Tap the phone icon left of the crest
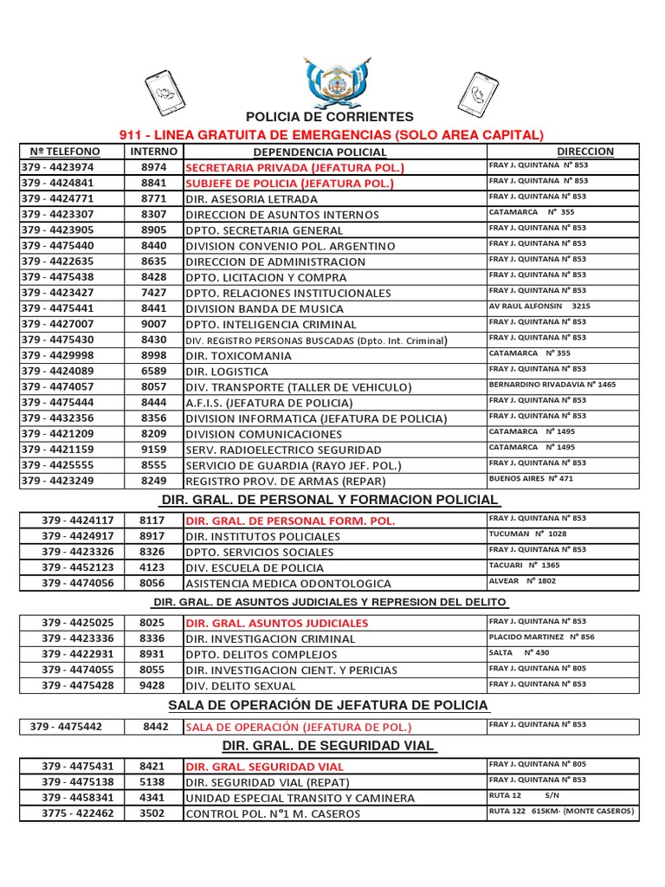tap(165, 90)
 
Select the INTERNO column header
tap(154, 152)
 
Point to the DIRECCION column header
tap(585, 152)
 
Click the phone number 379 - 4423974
tap(58, 167)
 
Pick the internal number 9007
tap(154, 324)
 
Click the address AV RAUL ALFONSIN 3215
tap(539, 307)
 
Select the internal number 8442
tap(156, 727)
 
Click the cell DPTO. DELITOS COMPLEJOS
tap(261, 654)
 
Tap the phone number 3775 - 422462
tap(78, 813)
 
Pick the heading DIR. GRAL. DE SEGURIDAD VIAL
tap(329, 747)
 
